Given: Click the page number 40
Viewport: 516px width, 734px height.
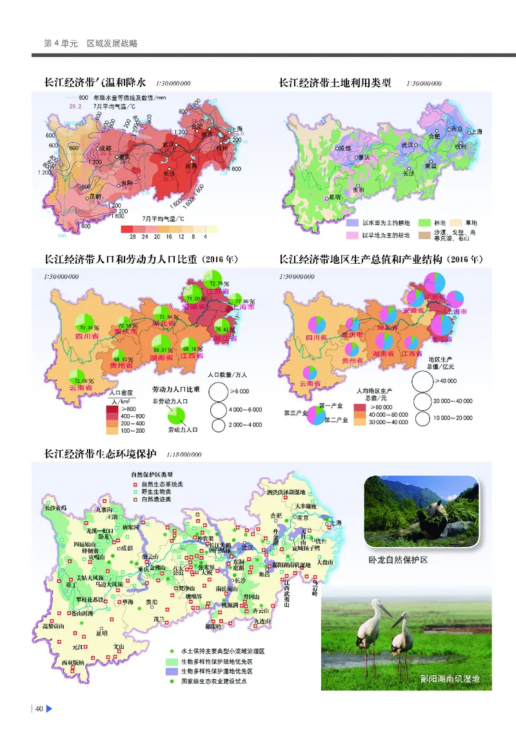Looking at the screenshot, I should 39,709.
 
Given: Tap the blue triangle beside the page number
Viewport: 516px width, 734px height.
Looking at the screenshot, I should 48,709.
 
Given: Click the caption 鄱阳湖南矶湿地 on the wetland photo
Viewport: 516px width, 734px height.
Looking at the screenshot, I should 450,679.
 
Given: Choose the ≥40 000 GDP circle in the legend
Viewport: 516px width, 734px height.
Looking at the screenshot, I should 424,382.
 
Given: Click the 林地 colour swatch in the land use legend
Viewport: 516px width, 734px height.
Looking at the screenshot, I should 426,222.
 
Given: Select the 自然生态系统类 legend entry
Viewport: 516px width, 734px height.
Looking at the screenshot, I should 157,484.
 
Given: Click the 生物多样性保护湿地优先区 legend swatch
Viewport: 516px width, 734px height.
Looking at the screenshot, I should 172,671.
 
